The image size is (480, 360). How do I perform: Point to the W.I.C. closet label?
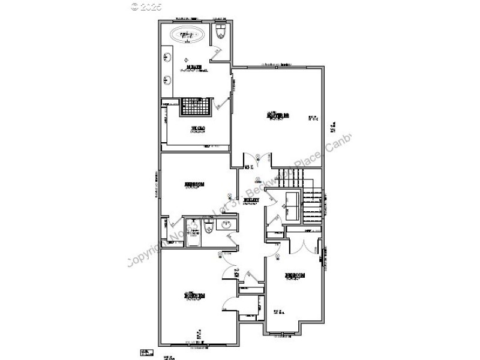point(198,128)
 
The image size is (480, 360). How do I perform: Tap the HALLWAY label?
point(251,200)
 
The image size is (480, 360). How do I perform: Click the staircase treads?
point(312,204)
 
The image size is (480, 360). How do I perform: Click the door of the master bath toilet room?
point(215,53)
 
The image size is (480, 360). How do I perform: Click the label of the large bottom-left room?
point(194,295)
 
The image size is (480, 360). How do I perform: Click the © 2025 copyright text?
point(148,8)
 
